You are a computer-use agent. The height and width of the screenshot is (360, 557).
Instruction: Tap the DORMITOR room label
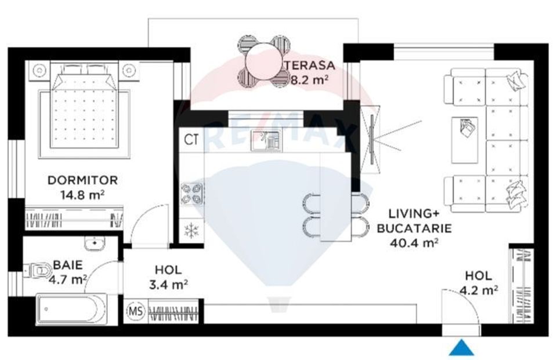82,180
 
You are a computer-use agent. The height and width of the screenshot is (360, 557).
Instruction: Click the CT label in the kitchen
191,140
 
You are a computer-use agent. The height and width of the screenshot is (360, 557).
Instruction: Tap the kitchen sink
265,138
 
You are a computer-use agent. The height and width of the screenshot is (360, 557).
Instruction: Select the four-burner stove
191,194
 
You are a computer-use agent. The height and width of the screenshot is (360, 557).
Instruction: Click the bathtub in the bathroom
71,309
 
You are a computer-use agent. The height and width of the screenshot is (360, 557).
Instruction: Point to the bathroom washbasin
92,244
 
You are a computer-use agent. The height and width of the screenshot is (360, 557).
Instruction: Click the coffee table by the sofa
465,140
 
